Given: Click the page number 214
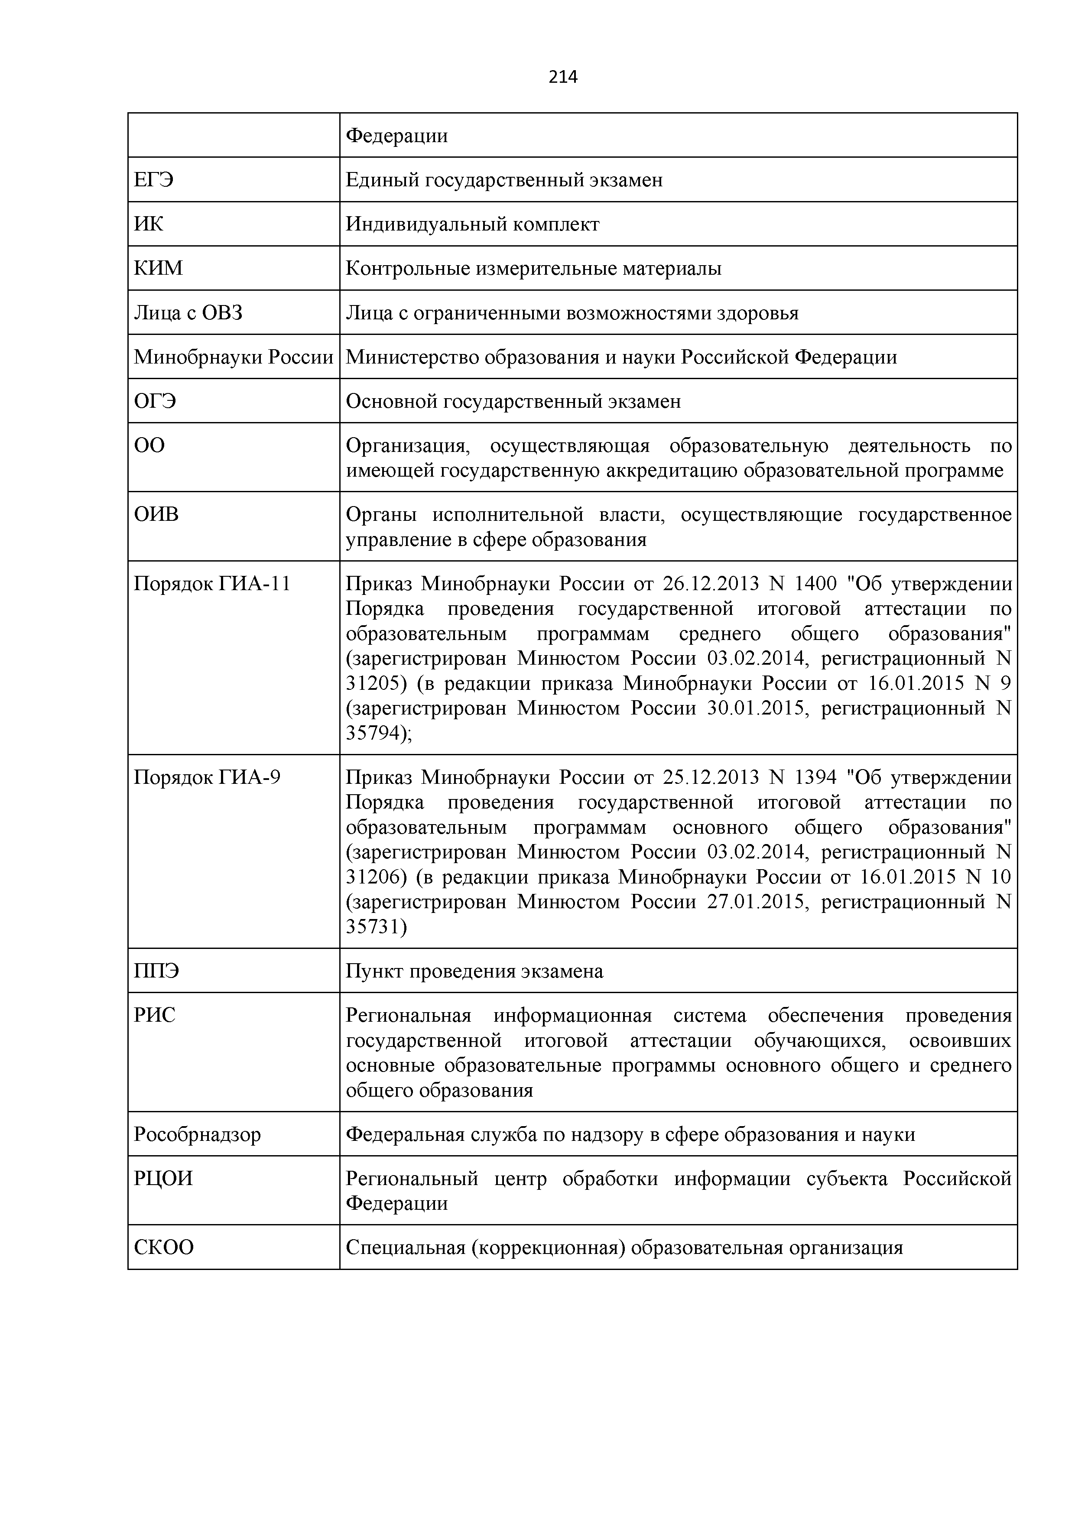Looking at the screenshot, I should pos(563,78).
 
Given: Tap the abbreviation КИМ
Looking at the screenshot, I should pos(158,268).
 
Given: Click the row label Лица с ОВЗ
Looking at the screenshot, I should pos(188,312).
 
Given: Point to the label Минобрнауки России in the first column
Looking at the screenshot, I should pos(233,357).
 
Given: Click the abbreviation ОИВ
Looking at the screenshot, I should pos(156,514).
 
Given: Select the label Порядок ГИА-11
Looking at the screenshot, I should pos(212,584).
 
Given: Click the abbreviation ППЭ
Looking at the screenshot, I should pos(156,971).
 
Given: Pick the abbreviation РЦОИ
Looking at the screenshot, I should pos(163,1179).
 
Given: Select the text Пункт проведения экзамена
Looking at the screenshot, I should pos(474,971).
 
